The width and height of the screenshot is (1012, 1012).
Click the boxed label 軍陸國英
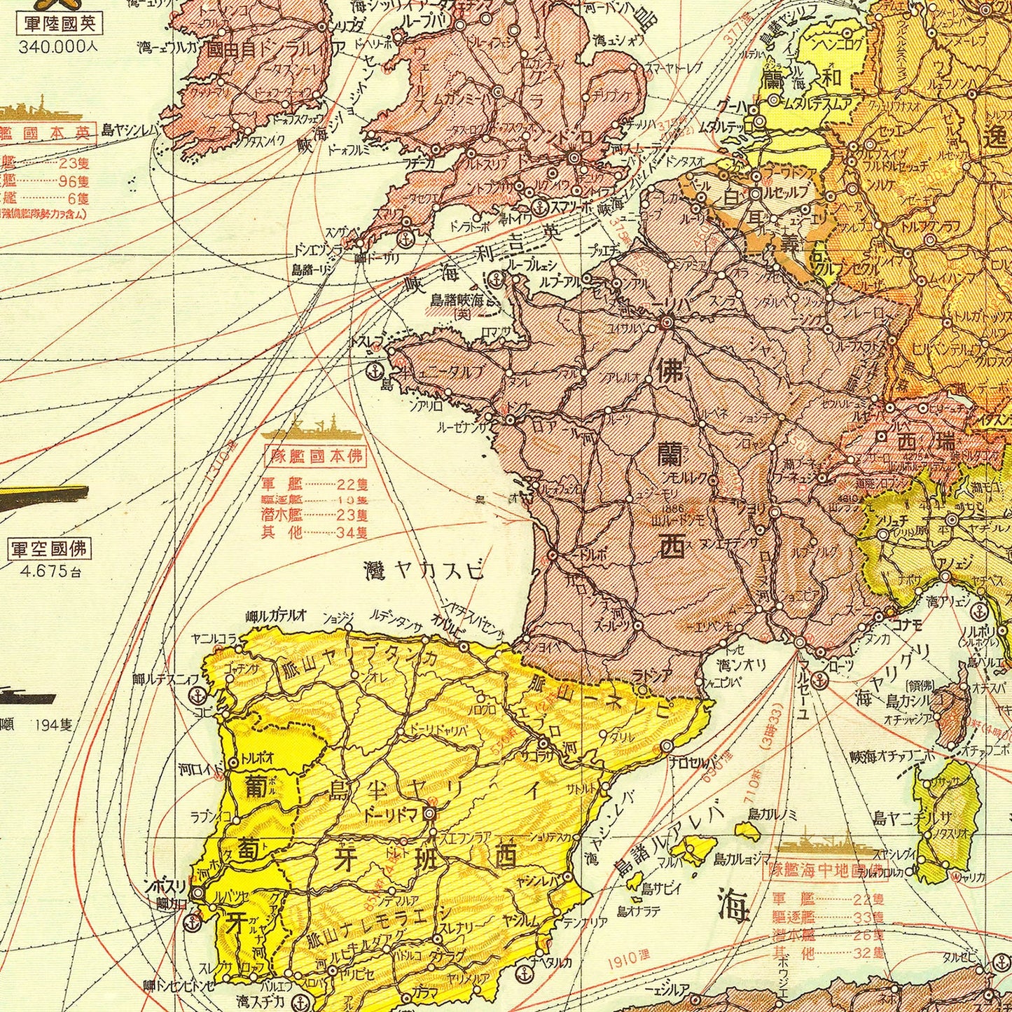point(59,24)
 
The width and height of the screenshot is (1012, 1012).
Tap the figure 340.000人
point(59,48)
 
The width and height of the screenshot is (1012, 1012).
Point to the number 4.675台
point(50,571)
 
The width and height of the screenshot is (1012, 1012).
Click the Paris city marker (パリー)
point(666,323)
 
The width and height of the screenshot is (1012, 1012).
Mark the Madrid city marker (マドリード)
point(429,813)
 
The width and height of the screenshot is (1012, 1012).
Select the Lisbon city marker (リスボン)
point(198,893)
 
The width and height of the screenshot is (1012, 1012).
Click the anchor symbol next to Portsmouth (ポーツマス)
point(539,207)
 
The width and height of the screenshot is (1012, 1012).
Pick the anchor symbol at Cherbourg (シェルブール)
point(497,278)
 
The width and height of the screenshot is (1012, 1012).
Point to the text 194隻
point(54,724)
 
